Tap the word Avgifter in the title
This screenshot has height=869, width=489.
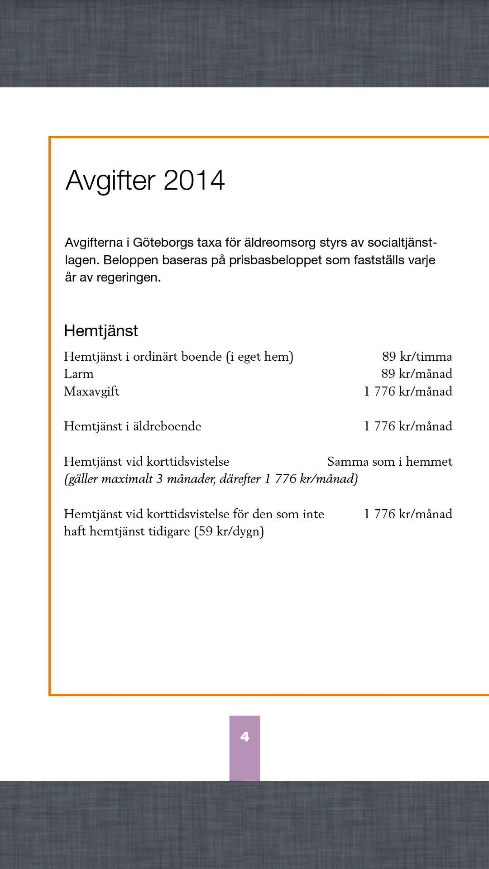(x=110, y=181)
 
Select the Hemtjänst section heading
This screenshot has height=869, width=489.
(x=101, y=331)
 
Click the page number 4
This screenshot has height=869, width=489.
(x=244, y=737)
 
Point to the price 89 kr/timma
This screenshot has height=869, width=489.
(x=417, y=357)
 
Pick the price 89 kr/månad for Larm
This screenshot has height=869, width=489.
(x=417, y=374)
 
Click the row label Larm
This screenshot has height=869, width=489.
(x=79, y=374)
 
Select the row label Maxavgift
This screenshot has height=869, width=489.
(x=91, y=392)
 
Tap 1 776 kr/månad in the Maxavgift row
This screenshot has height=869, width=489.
(x=408, y=392)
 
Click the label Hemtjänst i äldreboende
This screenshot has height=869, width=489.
(x=132, y=426)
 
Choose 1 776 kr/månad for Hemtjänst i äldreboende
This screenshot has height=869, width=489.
(x=408, y=426)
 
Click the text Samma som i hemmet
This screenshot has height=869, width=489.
(x=389, y=462)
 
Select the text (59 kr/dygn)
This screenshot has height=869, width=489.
(x=229, y=531)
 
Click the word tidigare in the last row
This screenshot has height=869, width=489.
(x=168, y=531)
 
